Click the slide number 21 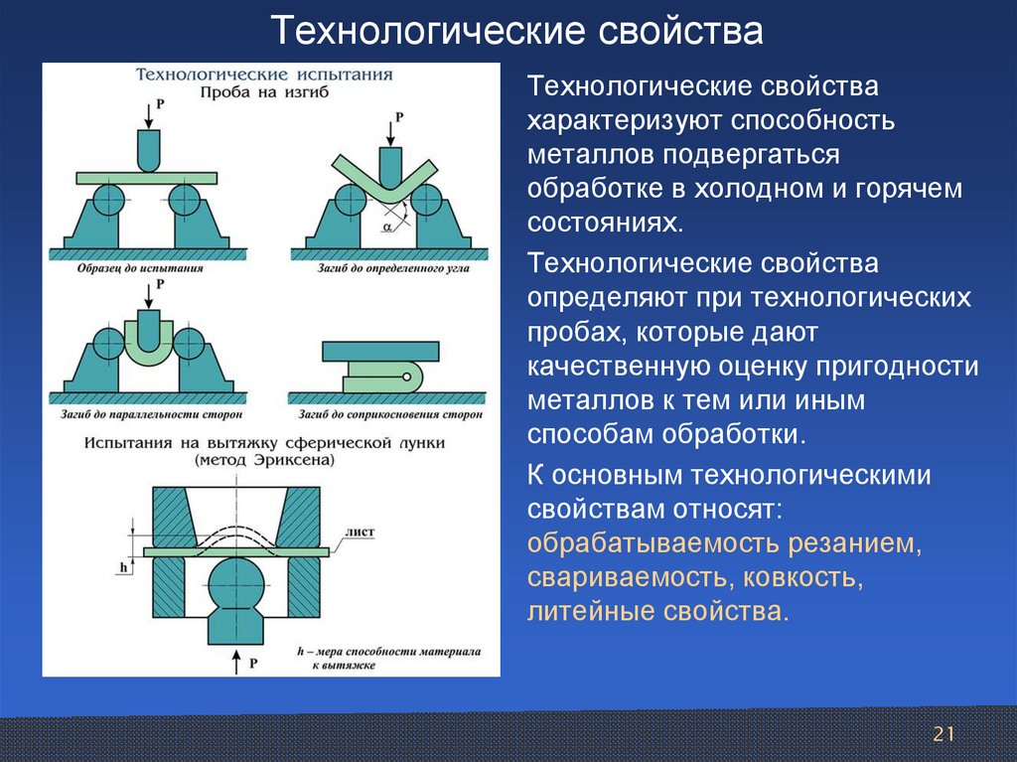[x=943, y=734]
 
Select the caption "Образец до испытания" [x=140, y=268]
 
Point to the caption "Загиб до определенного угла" [x=388, y=268]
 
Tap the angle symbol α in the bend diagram [x=386, y=228]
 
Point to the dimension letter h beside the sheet [x=124, y=566]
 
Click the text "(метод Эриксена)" [x=265, y=461]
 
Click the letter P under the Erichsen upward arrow [x=254, y=662]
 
